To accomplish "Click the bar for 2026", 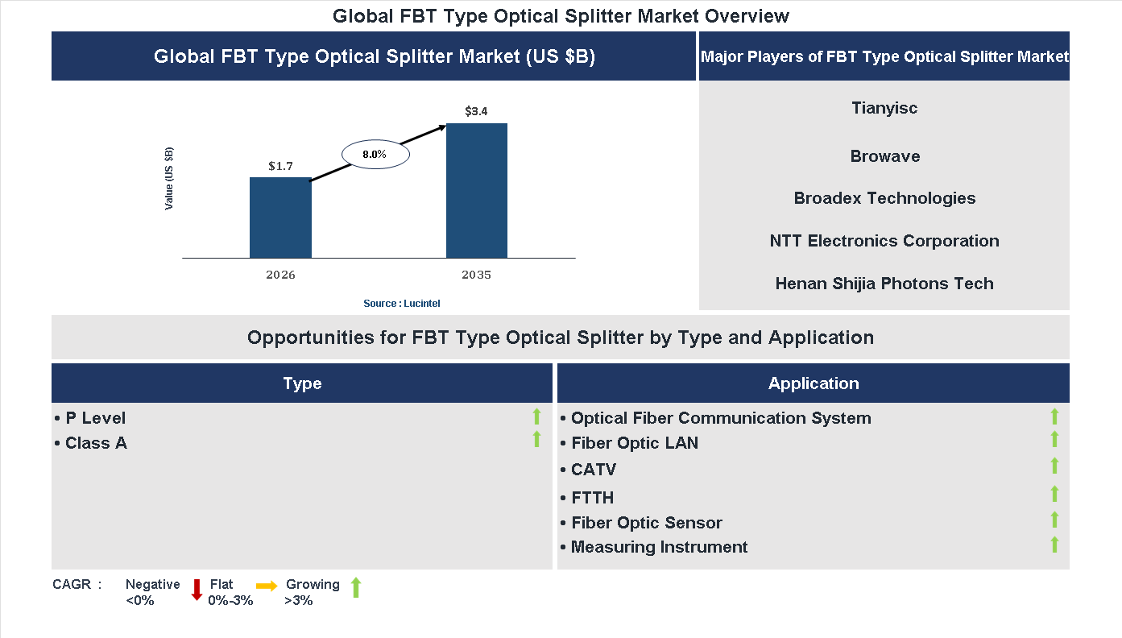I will coord(280,217).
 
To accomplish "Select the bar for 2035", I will coord(477,191).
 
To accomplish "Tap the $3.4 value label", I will coord(476,111).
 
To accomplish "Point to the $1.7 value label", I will coord(280,166).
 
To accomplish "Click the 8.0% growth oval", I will coord(375,154).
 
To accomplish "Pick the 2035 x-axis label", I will coord(476,275).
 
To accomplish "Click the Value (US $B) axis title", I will coord(169,179).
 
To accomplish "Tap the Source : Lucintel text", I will coord(402,303).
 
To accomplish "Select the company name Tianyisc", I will coord(884,108).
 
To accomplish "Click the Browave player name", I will coord(884,156).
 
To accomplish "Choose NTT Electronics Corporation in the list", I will coord(884,241).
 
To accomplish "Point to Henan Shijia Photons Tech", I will coord(884,284).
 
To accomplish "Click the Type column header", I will coord(302,383).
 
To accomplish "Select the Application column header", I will coord(814,383).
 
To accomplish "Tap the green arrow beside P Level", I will coord(536,416).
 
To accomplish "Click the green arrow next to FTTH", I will coord(1054,494).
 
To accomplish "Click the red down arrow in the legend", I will coord(197,590).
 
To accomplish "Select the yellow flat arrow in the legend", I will coord(267,586).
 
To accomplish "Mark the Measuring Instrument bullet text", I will coord(659,547).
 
